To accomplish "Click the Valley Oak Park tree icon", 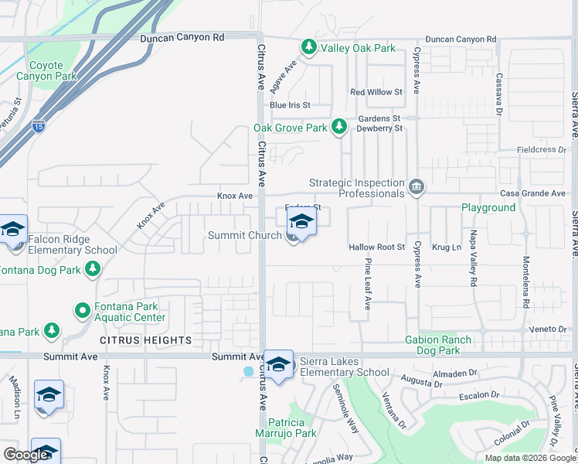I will coord(308,48).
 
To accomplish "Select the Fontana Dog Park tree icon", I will coord(93,269).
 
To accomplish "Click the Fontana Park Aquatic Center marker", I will coord(83,311).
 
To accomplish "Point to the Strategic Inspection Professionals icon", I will coord(416,187).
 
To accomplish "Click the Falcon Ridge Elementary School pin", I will coord(13,231).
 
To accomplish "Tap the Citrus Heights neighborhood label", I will coord(145,340).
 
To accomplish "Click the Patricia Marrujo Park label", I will coord(291,428).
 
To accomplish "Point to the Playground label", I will coord(488,208).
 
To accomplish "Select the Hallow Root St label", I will coord(376,247).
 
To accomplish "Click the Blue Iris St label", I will coord(289,105).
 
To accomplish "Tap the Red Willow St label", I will coord(376,92).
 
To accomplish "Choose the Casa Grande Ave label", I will coord(532,193).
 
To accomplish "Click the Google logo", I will coord(26,454).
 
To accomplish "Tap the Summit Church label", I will coord(244,235).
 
